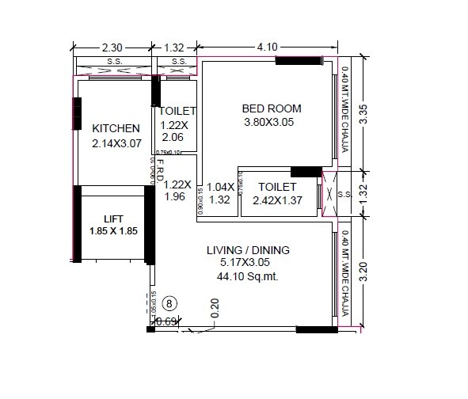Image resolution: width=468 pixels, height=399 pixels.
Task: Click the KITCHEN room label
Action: click(116, 129)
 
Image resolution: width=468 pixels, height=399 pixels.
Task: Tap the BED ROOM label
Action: click(272, 108)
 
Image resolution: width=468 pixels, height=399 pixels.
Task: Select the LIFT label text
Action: click(114, 218)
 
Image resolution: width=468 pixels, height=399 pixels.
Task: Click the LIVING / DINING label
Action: click(248, 250)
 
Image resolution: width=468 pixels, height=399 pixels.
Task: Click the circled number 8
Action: click(169, 302)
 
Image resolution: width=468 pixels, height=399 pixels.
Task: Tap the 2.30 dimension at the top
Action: click(112, 47)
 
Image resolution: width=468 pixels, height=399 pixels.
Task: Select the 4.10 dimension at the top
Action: click(267, 47)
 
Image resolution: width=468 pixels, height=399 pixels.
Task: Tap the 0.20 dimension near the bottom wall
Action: click(215, 308)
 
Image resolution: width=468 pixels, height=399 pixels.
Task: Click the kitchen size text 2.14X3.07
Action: click(116, 144)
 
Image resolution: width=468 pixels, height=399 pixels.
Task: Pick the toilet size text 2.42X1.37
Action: click(276, 199)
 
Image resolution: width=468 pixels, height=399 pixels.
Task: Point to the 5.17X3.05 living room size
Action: click(249, 264)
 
